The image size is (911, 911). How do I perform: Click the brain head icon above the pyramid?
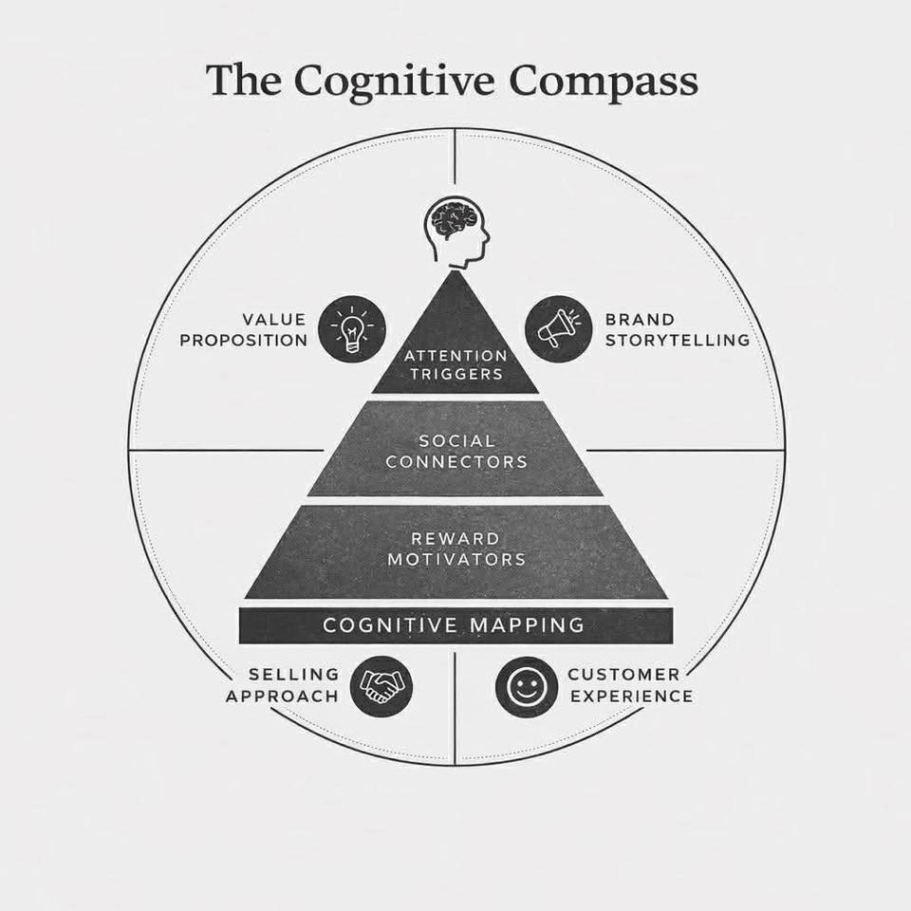click(x=455, y=231)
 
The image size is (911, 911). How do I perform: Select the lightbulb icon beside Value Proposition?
click(x=350, y=327)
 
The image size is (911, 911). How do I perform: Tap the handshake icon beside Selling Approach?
click(x=381, y=685)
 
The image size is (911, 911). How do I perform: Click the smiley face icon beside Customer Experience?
click(x=525, y=686)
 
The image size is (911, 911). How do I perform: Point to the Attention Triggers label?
click(x=455, y=364)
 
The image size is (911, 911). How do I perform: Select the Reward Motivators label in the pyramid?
click(x=456, y=549)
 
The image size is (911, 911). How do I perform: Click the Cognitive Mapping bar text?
click(x=454, y=625)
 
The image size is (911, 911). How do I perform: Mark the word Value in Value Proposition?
click(x=274, y=320)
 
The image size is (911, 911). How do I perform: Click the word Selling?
click(x=294, y=675)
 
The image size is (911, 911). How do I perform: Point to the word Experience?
click(x=630, y=696)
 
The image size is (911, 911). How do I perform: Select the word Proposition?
click(x=244, y=340)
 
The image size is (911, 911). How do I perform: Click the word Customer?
click(x=623, y=675)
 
